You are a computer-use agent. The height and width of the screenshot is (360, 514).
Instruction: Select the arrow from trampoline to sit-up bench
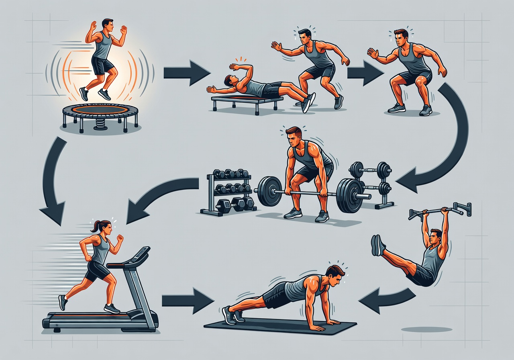[187, 73]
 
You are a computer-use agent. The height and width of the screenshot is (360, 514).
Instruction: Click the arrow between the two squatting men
[364, 73]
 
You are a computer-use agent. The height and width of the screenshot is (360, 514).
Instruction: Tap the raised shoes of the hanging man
[377, 245]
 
